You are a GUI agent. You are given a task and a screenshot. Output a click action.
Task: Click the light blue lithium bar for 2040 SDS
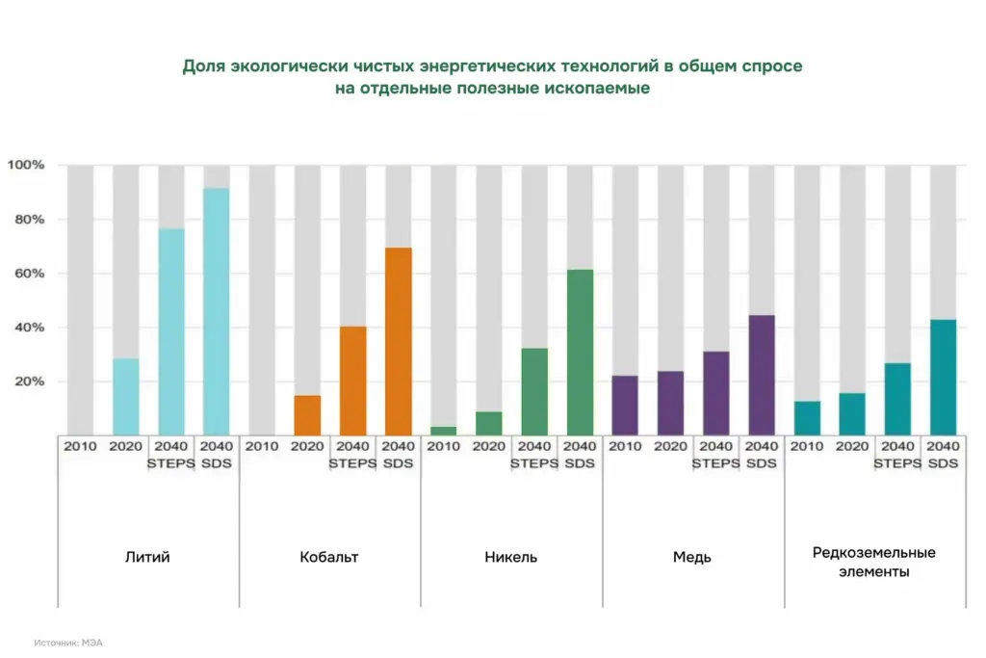pos(217,311)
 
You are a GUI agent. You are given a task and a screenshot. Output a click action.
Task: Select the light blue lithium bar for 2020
pos(126,397)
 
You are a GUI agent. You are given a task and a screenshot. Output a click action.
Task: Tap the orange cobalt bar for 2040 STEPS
pos(352,381)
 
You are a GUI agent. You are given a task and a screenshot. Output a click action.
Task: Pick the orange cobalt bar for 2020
pos(307,415)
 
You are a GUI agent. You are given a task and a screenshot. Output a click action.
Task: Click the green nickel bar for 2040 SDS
pos(580,353)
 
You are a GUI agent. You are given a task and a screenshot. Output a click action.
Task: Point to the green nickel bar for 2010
pos(443,431)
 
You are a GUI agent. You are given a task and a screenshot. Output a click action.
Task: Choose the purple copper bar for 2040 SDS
pos(762,375)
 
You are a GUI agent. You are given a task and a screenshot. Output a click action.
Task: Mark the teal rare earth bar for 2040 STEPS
pos(897,399)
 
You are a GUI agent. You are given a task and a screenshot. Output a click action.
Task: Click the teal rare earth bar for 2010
pos(807,418)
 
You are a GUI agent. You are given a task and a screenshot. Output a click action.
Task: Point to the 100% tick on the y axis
pos(26,166)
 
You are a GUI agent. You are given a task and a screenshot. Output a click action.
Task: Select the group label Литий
pos(147,557)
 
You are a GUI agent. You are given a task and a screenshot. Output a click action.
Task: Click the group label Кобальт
pos(329,557)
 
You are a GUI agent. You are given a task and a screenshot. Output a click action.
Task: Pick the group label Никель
pos(511,557)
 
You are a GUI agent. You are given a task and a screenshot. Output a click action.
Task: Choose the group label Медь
pos(692,557)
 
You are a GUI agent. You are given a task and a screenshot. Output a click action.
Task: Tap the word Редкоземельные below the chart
pos(874,552)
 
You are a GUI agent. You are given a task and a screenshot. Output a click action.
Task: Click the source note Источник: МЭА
pos(68,642)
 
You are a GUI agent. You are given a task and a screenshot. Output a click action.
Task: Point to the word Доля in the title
pos(203,67)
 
